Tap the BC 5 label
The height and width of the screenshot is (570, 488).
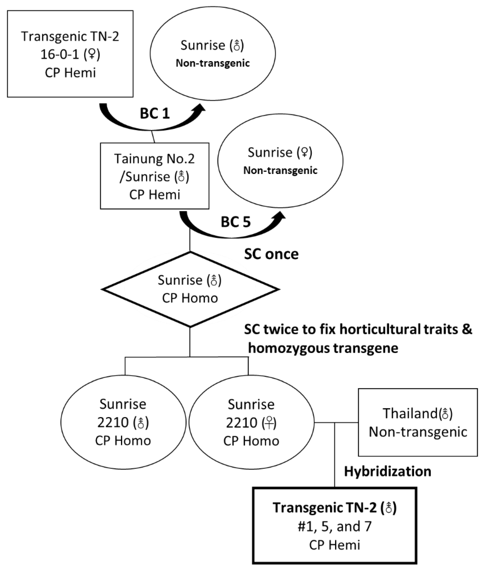[x=236, y=222]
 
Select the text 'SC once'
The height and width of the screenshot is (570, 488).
[x=271, y=254]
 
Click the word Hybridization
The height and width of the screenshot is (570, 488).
[x=387, y=471]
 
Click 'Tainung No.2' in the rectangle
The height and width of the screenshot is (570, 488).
[x=154, y=159]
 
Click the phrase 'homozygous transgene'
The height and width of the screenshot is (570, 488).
[x=323, y=348]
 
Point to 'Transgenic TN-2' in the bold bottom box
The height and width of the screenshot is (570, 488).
[x=324, y=508]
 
